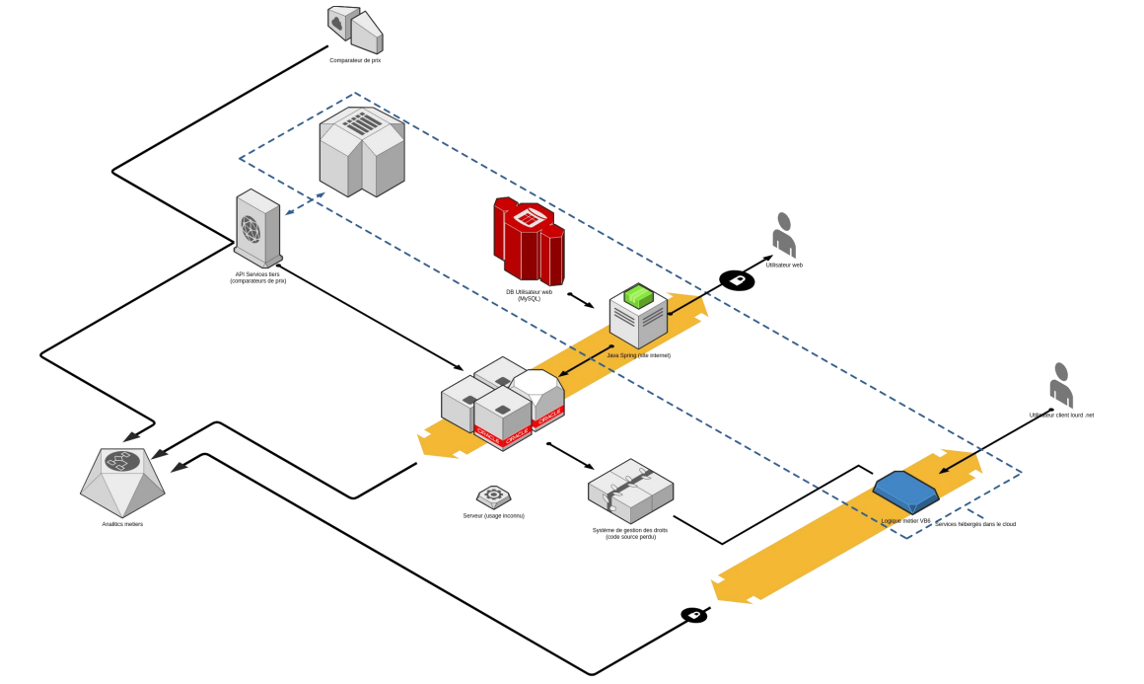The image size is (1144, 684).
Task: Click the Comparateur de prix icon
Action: point(354,30)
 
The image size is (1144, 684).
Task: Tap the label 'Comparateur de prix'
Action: point(355,60)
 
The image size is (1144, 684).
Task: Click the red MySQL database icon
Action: point(529,240)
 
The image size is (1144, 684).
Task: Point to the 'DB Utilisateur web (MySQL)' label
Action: point(529,295)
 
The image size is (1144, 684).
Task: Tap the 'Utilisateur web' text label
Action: point(784,265)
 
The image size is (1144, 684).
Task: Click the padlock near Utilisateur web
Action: point(737,280)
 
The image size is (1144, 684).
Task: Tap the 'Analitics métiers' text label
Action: point(122,524)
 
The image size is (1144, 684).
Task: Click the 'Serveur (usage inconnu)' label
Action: point(493,515)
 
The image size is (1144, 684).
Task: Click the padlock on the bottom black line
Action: point(694,615)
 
